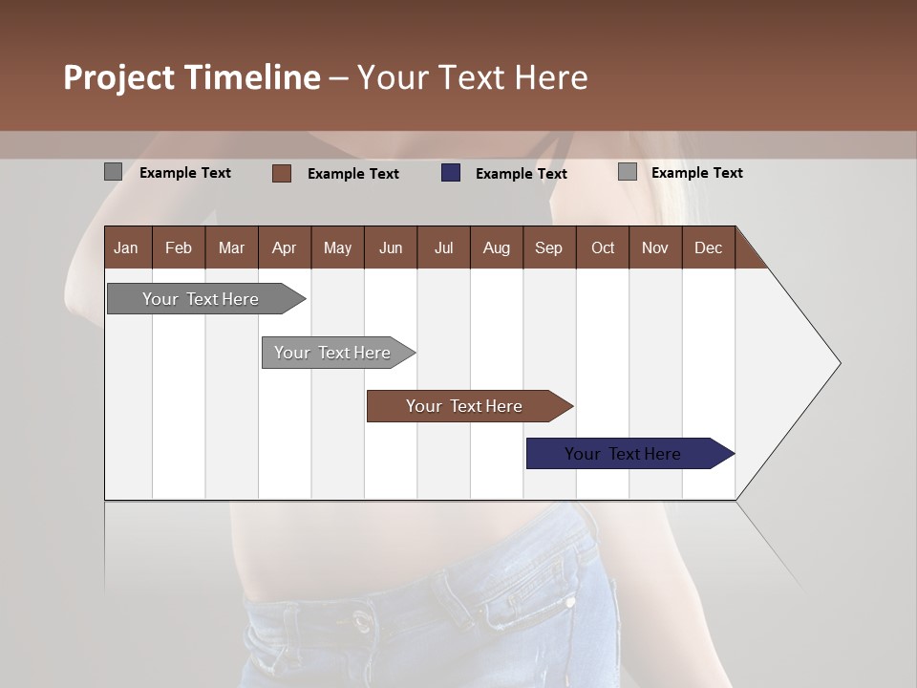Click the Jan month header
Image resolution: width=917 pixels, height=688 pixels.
coord(126,247)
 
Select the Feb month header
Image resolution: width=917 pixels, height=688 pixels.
coord(179,247)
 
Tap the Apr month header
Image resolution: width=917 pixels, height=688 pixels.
coord(284,247)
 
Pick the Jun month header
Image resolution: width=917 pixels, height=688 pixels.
coord(391,247)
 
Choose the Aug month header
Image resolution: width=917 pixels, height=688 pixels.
coord(496,247)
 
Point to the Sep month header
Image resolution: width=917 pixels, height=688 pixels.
coord(548,247)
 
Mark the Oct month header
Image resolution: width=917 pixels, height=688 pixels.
coord(603,247)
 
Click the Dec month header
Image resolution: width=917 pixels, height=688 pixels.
coord(708,247)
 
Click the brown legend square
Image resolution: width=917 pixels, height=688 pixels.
coord(282,173)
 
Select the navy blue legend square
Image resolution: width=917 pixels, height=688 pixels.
coord(451,173)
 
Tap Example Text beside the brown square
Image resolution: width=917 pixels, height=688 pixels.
coord(353,174)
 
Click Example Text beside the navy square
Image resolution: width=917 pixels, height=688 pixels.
coord(522,174)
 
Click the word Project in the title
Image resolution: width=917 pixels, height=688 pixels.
coord(119,77)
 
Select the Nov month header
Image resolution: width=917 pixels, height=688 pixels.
coord(655,247)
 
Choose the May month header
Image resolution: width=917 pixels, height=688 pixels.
coord(337,247)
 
